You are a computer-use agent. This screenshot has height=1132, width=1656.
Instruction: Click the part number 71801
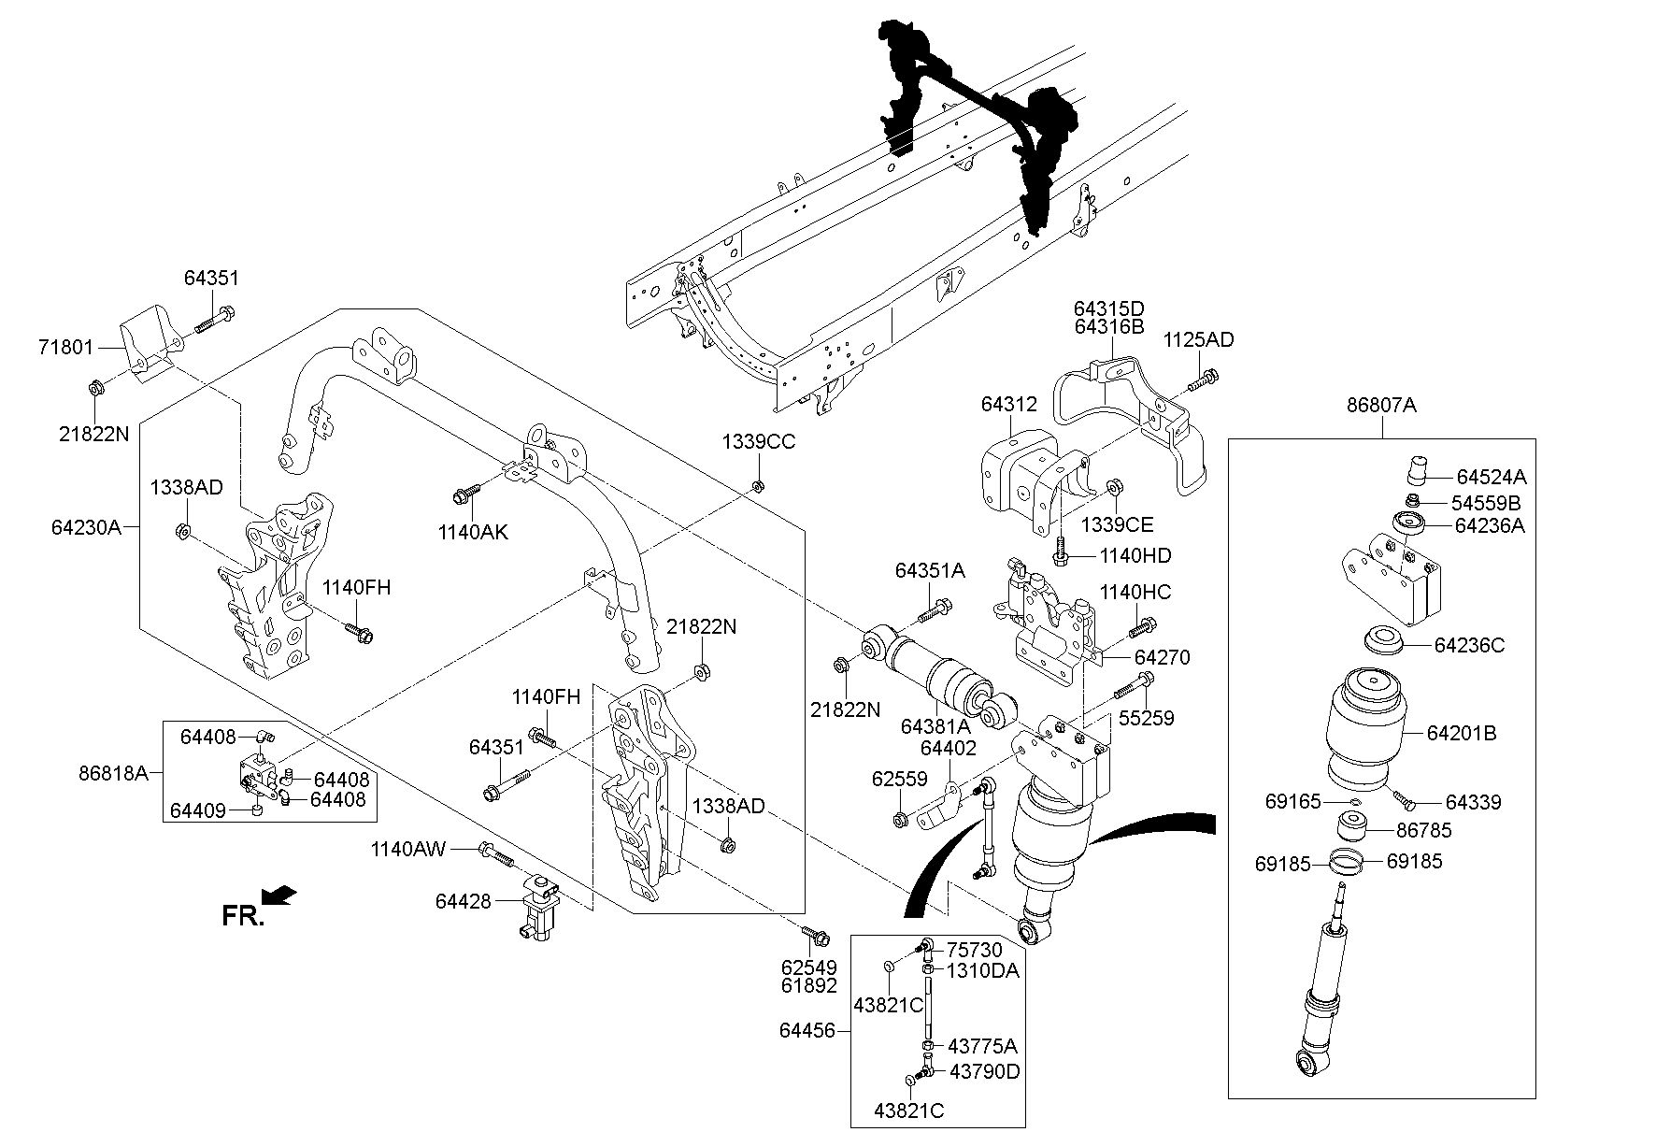tap(65, 349)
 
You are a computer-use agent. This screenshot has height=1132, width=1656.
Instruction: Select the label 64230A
tap(86, 527)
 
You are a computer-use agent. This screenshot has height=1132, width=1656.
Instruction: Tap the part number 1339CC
tap(758, 442)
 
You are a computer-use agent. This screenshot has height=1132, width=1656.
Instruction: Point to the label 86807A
tap(1381, 406)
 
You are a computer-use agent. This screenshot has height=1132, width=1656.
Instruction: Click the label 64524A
tap(1491, 476)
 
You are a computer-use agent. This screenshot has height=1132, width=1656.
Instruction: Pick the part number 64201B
tap(1461, 734)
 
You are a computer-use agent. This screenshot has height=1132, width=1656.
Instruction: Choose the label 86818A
tap(114, 772)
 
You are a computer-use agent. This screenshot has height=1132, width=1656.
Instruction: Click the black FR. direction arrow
tap(279, 896)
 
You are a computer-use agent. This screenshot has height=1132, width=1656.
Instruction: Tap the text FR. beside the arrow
tap(242, 916)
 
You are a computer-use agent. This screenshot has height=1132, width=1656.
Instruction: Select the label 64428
tap(463, 901)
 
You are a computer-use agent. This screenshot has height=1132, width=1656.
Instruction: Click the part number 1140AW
tap(408, 849)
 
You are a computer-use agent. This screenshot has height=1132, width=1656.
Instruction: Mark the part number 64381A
tap(934, 726)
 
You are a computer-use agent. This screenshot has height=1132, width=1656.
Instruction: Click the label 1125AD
tap(1198, 340)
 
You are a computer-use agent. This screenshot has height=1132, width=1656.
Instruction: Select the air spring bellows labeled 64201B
tap(1377, 729)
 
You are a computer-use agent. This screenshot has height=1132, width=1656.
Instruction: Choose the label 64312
tap(1008, 405)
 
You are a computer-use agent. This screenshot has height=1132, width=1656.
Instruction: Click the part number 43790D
tap(984, 1071)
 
